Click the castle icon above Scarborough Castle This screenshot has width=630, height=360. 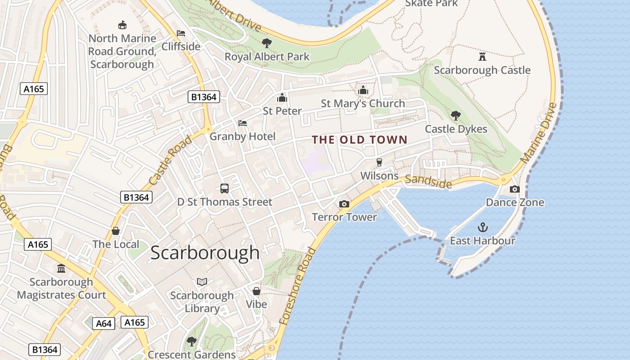point(482,56)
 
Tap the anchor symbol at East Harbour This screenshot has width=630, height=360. point(482,227)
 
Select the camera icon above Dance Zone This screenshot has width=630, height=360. point(515,189)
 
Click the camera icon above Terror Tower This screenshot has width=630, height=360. point(344,204)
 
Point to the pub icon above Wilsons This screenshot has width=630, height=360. point(379,162)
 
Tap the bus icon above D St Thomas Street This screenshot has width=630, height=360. point(225,189)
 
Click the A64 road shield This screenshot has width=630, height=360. point(104,323)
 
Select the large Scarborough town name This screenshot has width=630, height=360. point(205,253)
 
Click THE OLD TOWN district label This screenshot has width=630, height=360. point(360,140)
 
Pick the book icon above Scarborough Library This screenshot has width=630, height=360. point(202,282)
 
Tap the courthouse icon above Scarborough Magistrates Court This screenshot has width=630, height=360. point(61,268)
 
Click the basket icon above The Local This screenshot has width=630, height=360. point(116,231)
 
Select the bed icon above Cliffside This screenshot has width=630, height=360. point(181,33)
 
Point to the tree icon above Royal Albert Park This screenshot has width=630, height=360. point(267,43)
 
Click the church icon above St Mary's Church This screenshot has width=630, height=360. point(363,90)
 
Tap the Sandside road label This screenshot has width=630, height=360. point(428,181)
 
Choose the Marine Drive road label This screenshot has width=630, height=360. point(539,133)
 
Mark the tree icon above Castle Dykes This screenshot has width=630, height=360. point(456,116)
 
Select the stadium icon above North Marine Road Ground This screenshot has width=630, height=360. point(122,25)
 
